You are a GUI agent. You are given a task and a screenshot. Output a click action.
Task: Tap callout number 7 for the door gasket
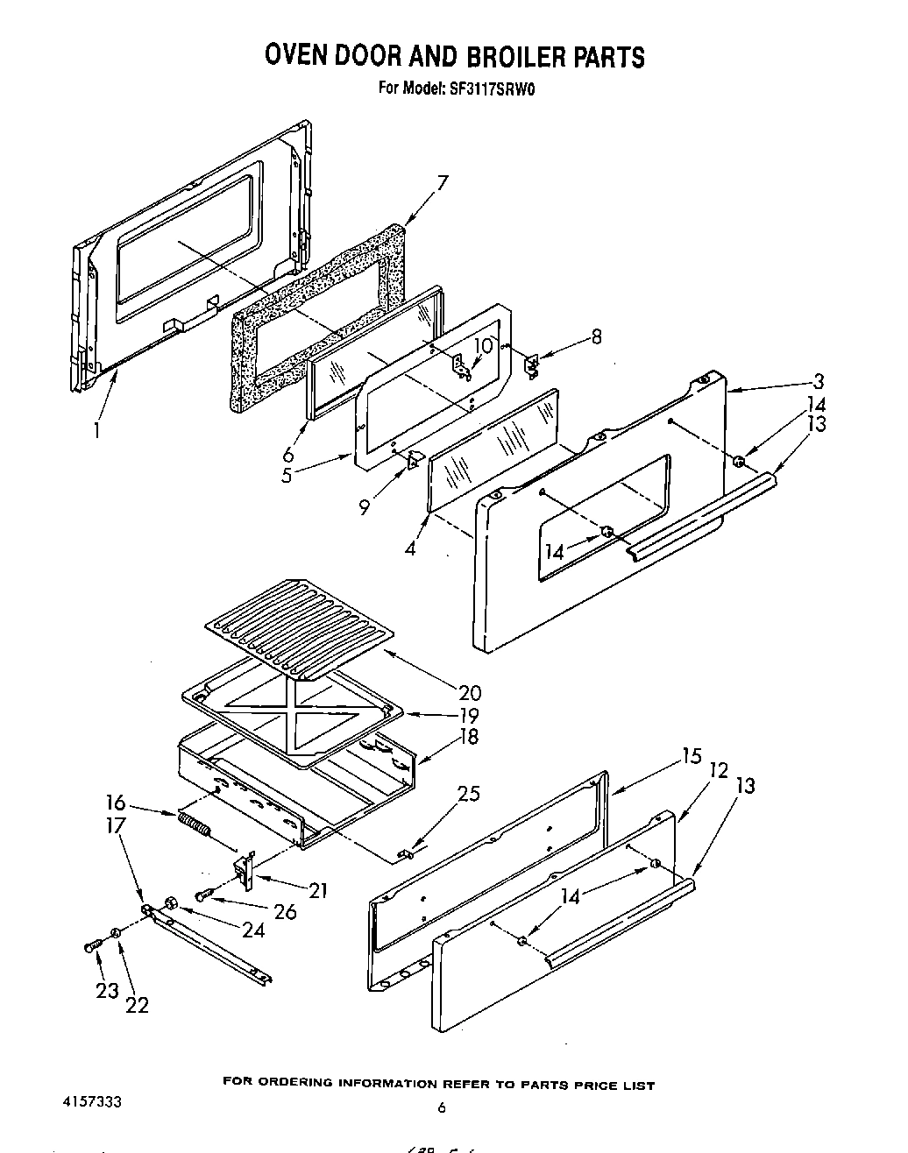[443, 183]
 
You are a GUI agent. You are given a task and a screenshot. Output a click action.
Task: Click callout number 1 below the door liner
[96, 430]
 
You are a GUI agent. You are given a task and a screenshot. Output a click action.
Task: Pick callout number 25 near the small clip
[469, 794]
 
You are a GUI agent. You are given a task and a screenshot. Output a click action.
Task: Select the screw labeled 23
[91, 946]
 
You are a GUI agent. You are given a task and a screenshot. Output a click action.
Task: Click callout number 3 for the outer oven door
[818, 380]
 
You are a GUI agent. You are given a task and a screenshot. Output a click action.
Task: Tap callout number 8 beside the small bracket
[596, 336]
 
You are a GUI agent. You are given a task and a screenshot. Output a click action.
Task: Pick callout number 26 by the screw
[284, 911]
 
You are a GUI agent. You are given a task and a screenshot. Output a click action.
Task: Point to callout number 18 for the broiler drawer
[469, 736]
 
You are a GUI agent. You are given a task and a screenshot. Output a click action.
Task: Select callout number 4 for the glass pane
[410, 550]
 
